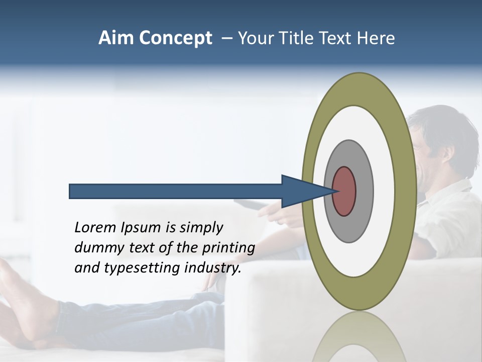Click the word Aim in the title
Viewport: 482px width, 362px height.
tap(116, 38)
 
